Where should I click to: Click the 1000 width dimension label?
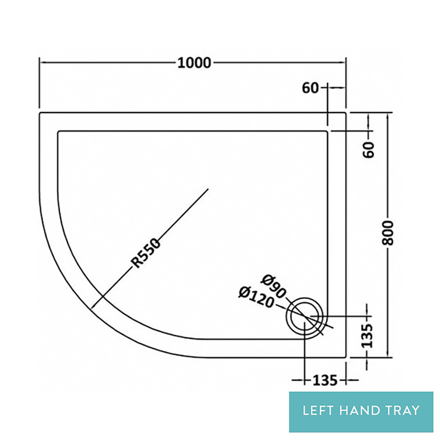point(194,63)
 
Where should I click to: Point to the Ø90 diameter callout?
point(273,286)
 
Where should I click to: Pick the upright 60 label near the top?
point(310,88)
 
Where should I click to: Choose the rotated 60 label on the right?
point(369,150)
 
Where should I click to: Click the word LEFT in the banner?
point(318,411)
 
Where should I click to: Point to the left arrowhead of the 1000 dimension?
point(41,63)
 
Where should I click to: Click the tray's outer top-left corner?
point(40,113)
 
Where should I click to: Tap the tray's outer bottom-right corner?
point(345,357)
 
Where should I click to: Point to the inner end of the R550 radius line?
point(208,189)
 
